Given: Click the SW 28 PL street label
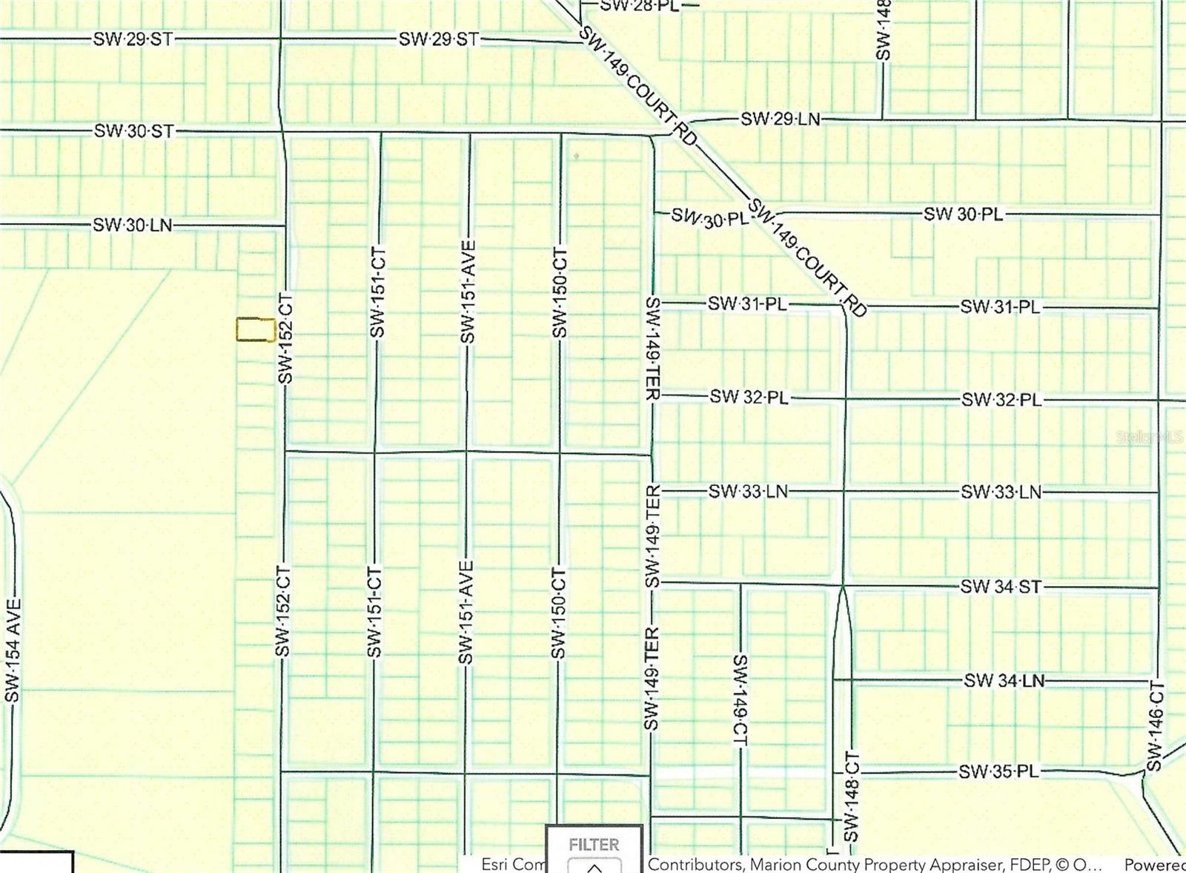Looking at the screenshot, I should coord(638,5).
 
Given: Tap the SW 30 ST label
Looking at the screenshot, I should coord(133,131).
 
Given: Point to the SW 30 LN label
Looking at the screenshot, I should coord(132,225).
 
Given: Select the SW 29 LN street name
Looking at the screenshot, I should coord(781,119).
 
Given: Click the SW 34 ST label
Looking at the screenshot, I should coord(1001,587).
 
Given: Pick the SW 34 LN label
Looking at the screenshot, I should coord(1004,680).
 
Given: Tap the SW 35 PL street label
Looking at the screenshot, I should coord(998,772).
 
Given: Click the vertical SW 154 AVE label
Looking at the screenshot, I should coord(13,650).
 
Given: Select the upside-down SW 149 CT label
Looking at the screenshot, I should coord(740,701).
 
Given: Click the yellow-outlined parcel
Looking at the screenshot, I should coord(255,330).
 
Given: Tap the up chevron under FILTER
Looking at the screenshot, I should coord(594,866).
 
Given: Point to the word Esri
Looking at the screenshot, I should coord(494,865).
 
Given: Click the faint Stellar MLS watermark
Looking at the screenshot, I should coord(1150,437).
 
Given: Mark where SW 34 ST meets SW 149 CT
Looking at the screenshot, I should coord(740,584).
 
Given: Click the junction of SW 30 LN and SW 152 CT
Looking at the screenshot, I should coord(285,225).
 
